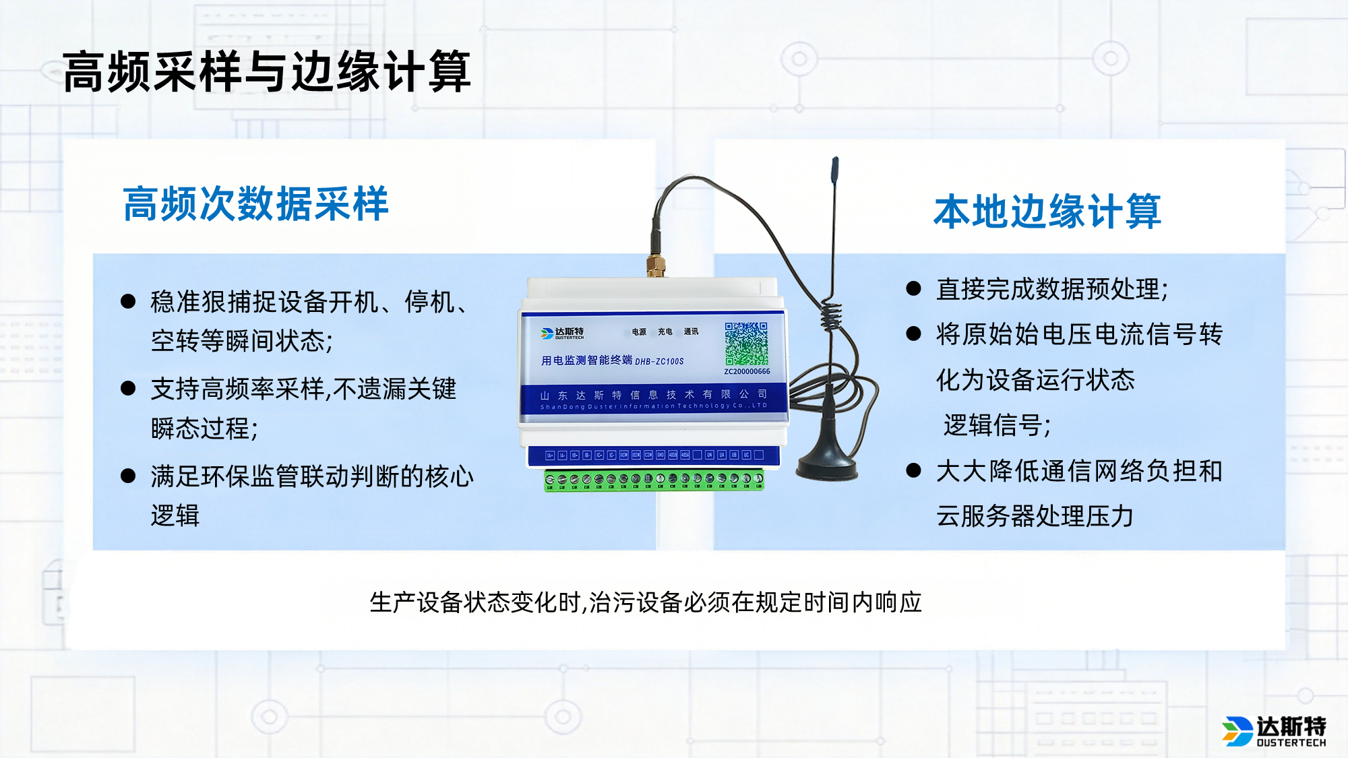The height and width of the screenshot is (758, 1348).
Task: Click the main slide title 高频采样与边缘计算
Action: [266, 71]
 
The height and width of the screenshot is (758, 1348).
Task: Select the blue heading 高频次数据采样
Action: [255, 203]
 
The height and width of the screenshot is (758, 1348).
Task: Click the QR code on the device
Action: [746, 344]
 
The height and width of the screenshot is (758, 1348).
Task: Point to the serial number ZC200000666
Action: [747, 372]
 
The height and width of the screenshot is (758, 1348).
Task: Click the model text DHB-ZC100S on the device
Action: [659, 362]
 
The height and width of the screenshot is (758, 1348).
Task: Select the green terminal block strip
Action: [654, 480]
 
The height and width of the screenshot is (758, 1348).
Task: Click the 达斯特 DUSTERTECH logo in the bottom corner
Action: [1273, 731]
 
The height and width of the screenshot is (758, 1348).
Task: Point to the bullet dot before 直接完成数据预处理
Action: [913, 289]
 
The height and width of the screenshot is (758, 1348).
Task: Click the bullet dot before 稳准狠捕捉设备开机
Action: [128, 301]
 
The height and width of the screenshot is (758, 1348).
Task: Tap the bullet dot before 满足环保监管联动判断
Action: [128, 476]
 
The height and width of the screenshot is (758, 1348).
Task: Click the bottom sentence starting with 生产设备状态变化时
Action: [645, 602]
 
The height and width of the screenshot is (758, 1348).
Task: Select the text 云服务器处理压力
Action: [1034, 516]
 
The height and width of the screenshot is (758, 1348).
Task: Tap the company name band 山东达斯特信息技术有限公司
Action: [653, 398]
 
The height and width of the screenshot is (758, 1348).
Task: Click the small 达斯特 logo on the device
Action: [562, 333]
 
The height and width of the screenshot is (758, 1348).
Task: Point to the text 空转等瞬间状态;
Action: [242, 341]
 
